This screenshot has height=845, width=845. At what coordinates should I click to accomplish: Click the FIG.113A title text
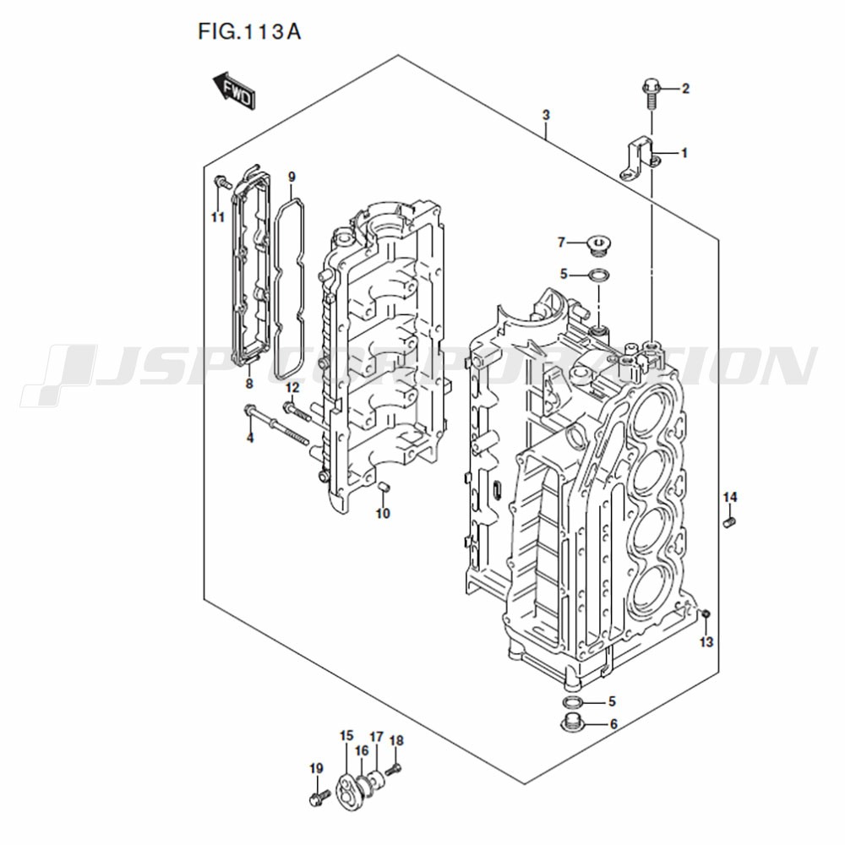click(x=249, y=32)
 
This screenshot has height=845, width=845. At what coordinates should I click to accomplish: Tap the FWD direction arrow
click(x=234, y=91)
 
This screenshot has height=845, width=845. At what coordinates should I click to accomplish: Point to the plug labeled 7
click(x=598, y=246)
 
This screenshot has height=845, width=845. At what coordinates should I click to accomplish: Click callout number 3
click(x=546, y=115)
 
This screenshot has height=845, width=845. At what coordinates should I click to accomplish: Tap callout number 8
click(x=249, y=384)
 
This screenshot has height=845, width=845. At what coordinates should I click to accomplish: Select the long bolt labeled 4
click(x=276, y=425)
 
